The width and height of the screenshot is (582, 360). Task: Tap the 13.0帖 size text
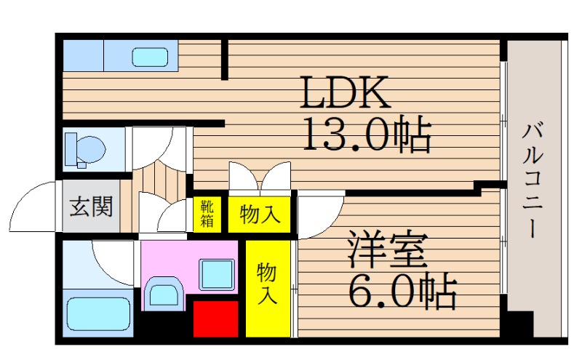[367, 134]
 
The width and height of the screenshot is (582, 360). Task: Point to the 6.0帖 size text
[402, 291]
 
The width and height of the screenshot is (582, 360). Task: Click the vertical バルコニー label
[533, 181]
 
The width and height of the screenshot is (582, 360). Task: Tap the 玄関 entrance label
[92, 206]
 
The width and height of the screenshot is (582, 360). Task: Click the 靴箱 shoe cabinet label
[207, 213]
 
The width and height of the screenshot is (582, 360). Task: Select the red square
[215, 319]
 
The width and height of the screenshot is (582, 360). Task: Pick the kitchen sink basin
[151, 57]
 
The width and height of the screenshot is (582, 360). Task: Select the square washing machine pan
[217, 275]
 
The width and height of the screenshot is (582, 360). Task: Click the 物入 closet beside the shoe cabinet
[260, 214]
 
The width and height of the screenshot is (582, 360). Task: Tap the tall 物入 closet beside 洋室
[268, 289]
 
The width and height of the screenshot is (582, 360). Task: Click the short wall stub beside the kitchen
[225, 60]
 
